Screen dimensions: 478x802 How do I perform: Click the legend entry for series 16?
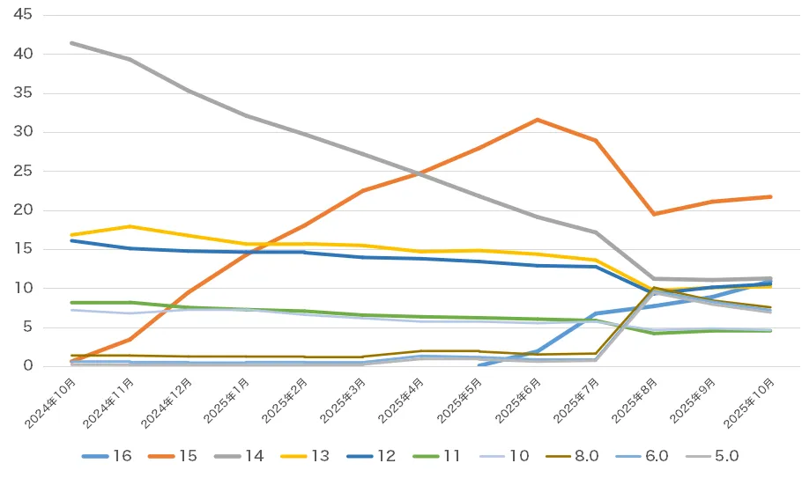pos(109,455)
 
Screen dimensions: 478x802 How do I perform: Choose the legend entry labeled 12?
pos(372,455)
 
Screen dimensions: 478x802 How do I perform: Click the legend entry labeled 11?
pos(437,455)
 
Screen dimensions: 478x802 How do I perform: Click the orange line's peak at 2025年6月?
pos(538,120)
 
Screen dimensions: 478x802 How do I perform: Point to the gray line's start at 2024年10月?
pos(71,43)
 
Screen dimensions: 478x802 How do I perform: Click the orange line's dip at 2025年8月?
pos(653,214)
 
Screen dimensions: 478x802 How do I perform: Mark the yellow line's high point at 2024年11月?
pos(130,226)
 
